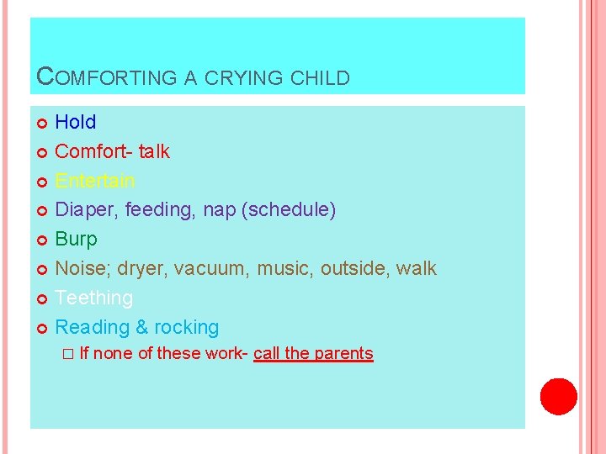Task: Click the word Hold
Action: [76, 122]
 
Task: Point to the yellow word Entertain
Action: [95, 181]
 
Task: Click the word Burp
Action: [77, 240]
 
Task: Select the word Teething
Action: [94, 298]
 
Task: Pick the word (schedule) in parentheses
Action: [289, 210]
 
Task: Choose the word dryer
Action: [142, 269]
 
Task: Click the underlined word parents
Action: [343, 353]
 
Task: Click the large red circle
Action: [558, 397]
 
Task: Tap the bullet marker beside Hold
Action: [44, 124]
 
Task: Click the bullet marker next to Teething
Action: [44, 299]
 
